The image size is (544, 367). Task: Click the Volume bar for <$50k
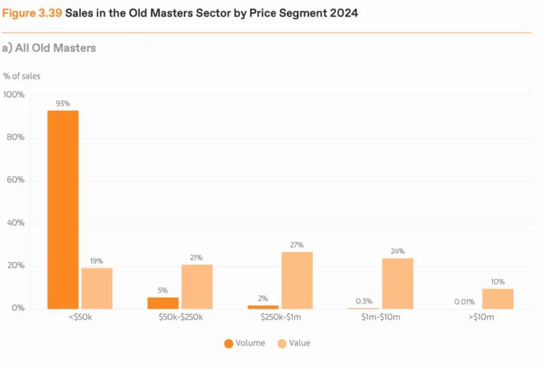63,209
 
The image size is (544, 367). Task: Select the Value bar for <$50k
97,288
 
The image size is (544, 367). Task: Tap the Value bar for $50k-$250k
197,286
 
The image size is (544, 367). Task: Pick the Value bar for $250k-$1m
297,280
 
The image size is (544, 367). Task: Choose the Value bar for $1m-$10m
397,283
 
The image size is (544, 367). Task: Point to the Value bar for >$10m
498,298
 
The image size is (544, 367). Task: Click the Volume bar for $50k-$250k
163,303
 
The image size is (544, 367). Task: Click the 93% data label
63,104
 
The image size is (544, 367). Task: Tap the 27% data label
297,245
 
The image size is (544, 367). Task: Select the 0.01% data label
465,302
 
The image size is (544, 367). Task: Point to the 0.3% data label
364,301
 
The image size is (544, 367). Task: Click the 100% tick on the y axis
14,95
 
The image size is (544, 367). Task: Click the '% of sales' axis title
22,76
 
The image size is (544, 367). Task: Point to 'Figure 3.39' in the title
31,12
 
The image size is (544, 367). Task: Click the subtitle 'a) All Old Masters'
49,48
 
